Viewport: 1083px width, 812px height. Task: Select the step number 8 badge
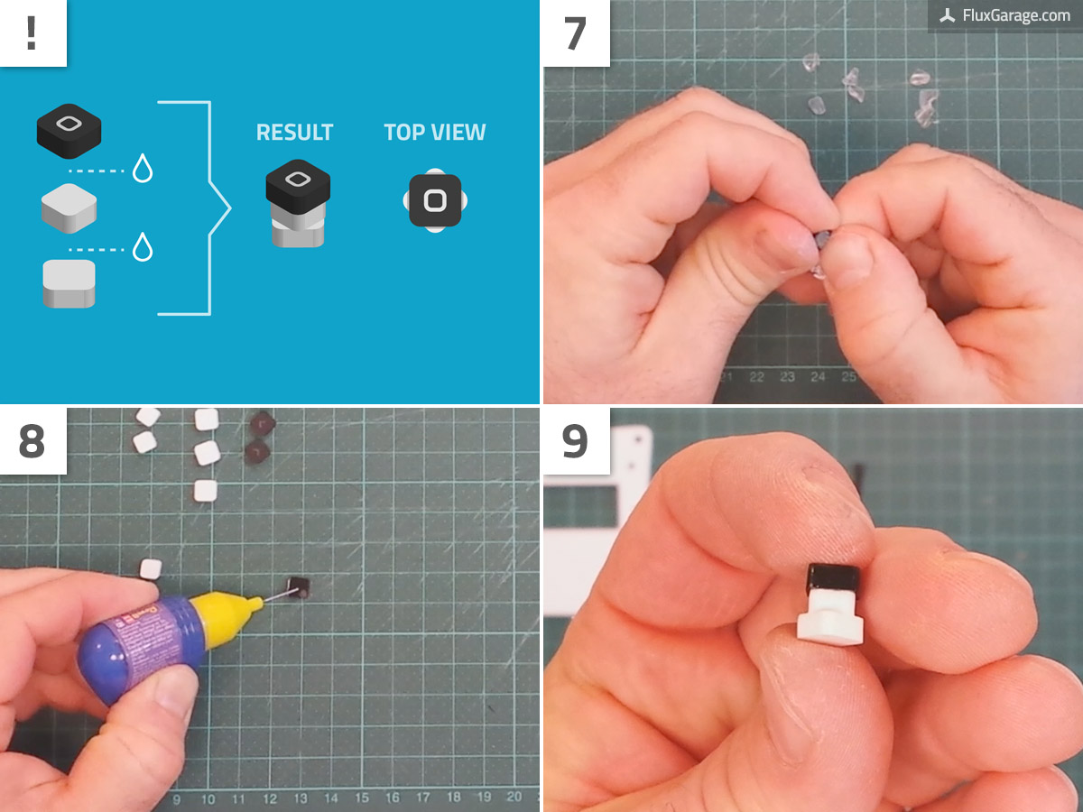coord(32,440)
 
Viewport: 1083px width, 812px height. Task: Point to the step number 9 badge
coord(576,440)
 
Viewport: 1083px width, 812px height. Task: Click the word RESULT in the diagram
coord(294,133)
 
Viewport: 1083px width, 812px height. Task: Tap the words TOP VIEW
coord(435,133)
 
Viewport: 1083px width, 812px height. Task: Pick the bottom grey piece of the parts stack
coord(69,283)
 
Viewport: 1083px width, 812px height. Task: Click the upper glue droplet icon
coord(143,169)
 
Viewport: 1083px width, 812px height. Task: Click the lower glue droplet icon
coord(143,246)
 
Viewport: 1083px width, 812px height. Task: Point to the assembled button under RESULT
coord(298,203)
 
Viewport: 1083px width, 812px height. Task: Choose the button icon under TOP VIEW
coord(435,199)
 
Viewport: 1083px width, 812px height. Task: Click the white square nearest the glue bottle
coord(150,569)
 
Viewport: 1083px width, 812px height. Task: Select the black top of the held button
coord(831,577)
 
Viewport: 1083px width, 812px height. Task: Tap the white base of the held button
coord(829,618)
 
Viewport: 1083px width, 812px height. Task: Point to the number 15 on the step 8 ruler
coord(361,798)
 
